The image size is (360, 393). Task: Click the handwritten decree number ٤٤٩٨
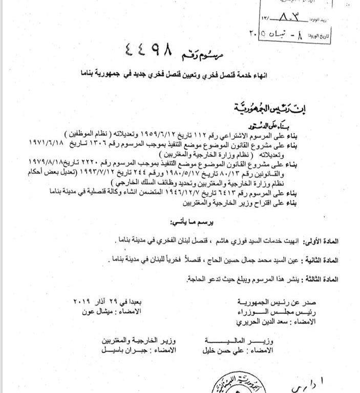point(149,51)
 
